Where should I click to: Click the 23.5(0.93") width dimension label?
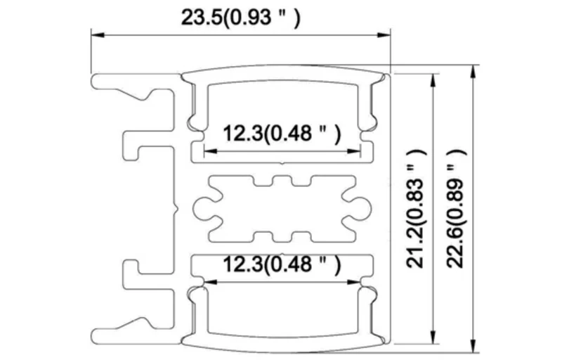[x=240, y=17]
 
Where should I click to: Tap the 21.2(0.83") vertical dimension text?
[x=416, y=208]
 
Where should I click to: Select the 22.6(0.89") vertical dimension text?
[x=457, y=208]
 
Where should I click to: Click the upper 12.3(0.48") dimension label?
[x=282, y=134]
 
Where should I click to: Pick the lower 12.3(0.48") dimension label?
[x=282, y=264]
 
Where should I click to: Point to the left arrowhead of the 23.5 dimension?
[x=97, y=35]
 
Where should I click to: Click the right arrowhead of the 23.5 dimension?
[x=384, y=35]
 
